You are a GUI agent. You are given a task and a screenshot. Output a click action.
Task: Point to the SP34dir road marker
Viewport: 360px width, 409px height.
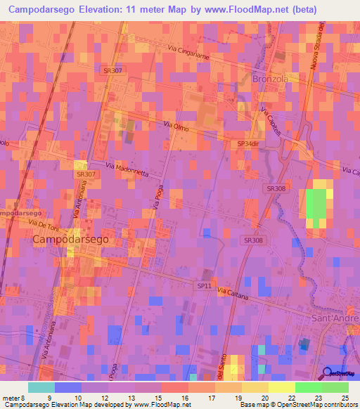[x=249, y=144]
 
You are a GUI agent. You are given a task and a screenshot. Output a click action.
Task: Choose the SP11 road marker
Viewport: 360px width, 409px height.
[x=203, y=285]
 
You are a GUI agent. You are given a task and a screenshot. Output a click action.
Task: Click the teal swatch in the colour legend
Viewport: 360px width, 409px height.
[x=41, y=387]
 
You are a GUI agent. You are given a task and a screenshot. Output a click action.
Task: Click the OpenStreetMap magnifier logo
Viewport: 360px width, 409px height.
[x=328, y=374]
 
